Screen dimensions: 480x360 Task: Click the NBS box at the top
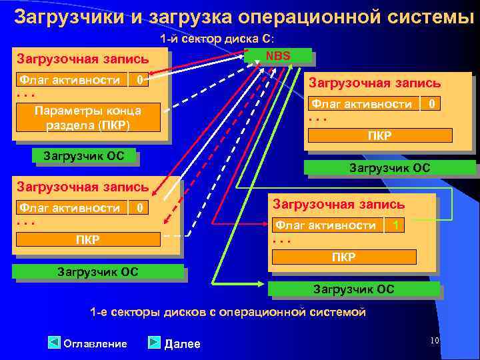tap(278, 55)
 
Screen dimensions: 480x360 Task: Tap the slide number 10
tap(434, 341)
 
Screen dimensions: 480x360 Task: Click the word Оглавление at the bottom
tap(95, 344)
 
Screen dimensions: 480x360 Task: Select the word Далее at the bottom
tap(182, 344)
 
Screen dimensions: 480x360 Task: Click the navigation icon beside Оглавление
tap(55, 343)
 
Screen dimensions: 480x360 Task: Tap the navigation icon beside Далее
tap(154, 343)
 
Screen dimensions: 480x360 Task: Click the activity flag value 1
tap(396, 225)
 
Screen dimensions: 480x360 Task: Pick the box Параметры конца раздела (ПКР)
tap(88, 118)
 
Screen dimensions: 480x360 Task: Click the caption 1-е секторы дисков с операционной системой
tap(228, 312)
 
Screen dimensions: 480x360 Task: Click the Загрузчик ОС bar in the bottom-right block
tap(353, 289)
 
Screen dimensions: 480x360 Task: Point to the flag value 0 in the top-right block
tap(433, 104)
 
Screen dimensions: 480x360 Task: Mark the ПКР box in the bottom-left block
tap(88, 239)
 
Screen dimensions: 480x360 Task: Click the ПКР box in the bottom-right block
tap(344, 257)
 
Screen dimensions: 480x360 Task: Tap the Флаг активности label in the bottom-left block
tap(69, 208)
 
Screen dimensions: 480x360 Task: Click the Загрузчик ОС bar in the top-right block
tap(389, 168)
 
